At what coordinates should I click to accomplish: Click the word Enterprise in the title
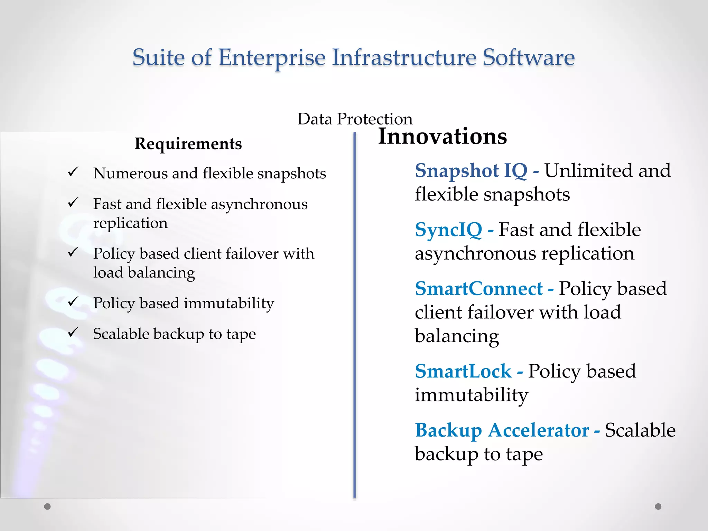tap(272, 57)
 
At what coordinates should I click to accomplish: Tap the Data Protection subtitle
tap(355, 119)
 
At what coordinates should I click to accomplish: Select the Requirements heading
tap(188, 144)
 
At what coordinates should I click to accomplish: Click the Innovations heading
tap(442, 136)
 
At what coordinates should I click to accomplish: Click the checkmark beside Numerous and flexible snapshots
tap(73, 172)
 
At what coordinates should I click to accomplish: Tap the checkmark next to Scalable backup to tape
tap(73, 333)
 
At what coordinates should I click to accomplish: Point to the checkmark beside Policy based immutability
tap(73, 302)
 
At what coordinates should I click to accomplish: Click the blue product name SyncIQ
tap(448, 230)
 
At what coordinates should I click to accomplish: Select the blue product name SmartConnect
tap(479, 289)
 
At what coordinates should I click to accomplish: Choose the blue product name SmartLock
tap(463, 372)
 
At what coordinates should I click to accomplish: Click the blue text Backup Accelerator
tap(502, 431)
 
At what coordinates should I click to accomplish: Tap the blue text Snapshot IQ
tap(471, 171)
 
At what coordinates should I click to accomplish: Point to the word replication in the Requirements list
tap(130, 223)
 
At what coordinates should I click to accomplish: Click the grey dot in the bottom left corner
tap(47, 506)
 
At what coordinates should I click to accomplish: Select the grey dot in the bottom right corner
tap(658, 506)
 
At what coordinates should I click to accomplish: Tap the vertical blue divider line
tap(354, 311)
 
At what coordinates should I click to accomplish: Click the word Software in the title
tap(528, 57)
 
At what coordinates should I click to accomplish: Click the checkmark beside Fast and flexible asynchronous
tap(73, 203)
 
